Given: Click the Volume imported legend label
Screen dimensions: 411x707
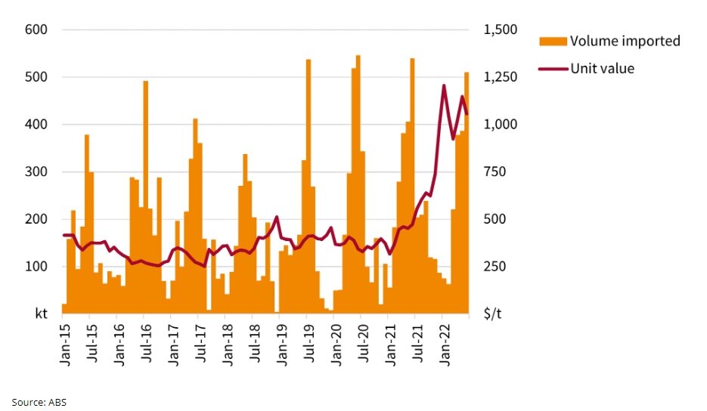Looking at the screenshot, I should coord(625,41).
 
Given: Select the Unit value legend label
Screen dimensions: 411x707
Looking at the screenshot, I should coord(602,69).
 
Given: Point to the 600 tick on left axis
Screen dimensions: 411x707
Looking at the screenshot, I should coord(37,30).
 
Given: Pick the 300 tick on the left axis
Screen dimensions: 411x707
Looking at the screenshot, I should coord(37,172).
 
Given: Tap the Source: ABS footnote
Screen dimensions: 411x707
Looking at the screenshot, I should coord(39,401).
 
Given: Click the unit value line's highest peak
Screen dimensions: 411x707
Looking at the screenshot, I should coord(444,85).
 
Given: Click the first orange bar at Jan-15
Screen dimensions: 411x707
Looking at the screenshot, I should coord(64,307).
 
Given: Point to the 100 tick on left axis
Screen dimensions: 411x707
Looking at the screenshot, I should coord(37,267).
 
